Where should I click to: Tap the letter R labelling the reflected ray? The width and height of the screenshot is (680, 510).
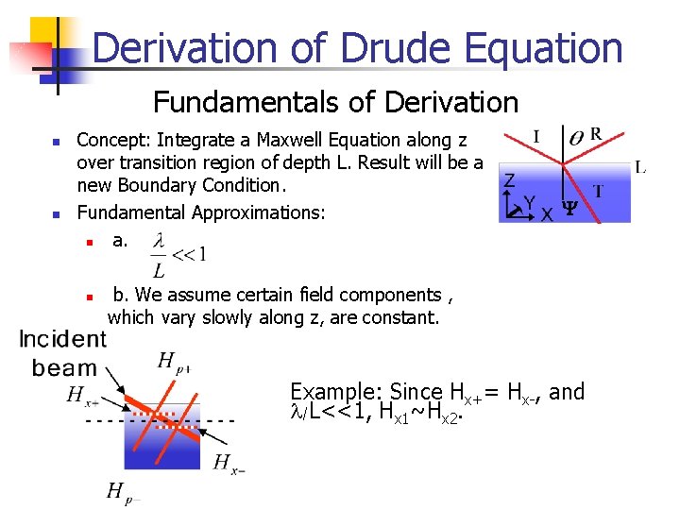[596, 135]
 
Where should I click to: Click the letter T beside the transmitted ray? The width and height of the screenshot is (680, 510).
[598, 191]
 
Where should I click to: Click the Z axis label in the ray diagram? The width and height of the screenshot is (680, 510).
[509, 180]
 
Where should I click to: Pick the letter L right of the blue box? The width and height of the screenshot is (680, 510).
[640, 169]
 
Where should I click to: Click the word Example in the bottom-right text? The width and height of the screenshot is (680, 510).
[332, 392]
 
